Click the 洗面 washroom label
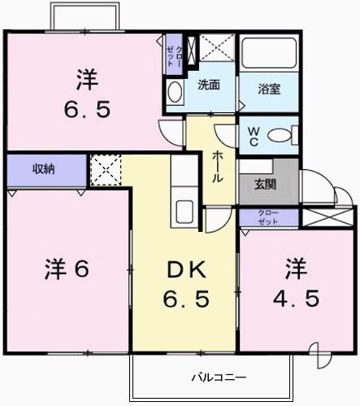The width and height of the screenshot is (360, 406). click(208, 85)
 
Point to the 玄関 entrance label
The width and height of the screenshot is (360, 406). click(265, 184)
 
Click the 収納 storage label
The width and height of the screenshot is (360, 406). click(45, 169)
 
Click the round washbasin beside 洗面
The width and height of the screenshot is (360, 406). click(175, 91)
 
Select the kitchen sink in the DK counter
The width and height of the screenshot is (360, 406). click(183, 212)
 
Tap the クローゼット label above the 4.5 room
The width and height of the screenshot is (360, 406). click(267, 217)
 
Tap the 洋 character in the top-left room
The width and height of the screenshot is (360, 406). click(88, 80)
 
